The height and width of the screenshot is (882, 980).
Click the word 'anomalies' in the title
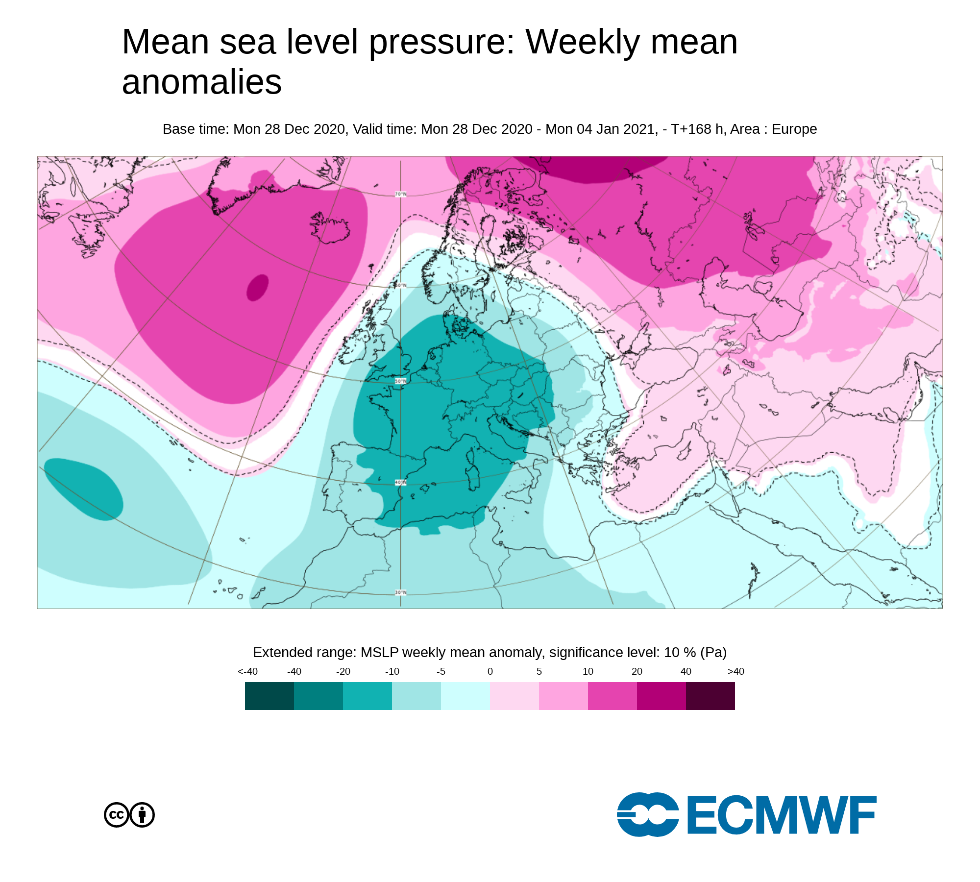[202, 82]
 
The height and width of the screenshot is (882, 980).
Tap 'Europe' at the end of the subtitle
[794, 129]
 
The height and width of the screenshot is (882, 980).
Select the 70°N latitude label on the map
[401, 195]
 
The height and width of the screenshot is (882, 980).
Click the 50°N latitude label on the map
[401, 381]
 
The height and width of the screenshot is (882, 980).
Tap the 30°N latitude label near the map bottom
[401, 592]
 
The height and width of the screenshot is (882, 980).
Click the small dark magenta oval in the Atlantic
[257, 288]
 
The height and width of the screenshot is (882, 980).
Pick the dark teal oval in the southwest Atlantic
[83, 489]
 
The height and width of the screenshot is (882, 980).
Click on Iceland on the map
[330, 228]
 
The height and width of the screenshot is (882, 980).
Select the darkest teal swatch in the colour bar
[269, 696]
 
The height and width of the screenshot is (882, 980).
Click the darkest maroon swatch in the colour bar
[710, 696]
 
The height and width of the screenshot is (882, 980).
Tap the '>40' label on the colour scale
[736, 671]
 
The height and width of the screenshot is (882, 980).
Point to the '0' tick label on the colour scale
[490, 671]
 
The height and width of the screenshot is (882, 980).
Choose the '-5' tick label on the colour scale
[441, 671]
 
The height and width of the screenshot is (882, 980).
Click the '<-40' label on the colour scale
[247, 671]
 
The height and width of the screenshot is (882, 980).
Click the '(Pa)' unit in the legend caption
[713, 653]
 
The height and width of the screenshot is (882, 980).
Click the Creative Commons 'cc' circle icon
[117, 815]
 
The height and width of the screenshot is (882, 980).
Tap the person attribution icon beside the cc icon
[142, 815]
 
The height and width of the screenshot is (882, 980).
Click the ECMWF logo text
[782, 814]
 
